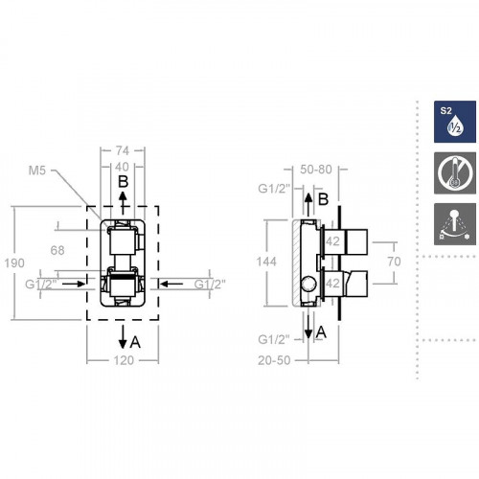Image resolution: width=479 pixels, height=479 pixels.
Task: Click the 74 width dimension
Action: (x=122, y=151)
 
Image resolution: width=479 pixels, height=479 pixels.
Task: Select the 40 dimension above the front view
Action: (x=122, y=167)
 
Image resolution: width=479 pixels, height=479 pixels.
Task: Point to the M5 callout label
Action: (x=38, y=171)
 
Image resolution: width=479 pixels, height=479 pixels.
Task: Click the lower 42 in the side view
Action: (x=333, y=283)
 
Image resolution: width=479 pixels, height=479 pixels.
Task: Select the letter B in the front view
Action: (x=123, y=181)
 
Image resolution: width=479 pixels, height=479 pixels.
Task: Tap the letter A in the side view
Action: (x=323, y=331)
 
